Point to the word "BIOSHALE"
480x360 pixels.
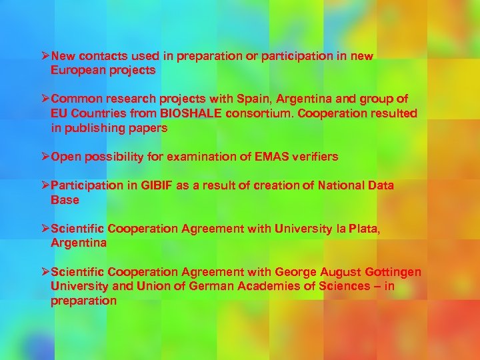click(191, 113)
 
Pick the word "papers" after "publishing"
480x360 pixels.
click(149, 127)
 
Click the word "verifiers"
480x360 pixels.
click(313, 157)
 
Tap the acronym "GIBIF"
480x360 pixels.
click(156, 185)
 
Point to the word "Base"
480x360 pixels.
click(65, 199)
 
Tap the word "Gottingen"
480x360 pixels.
click(393, 272)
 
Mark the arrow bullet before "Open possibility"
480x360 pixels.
click(45, 157)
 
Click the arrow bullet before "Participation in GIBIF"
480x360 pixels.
click(45, 185)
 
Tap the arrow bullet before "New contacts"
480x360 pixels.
click(45, 57)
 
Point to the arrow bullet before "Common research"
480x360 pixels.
click(45, 99)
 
